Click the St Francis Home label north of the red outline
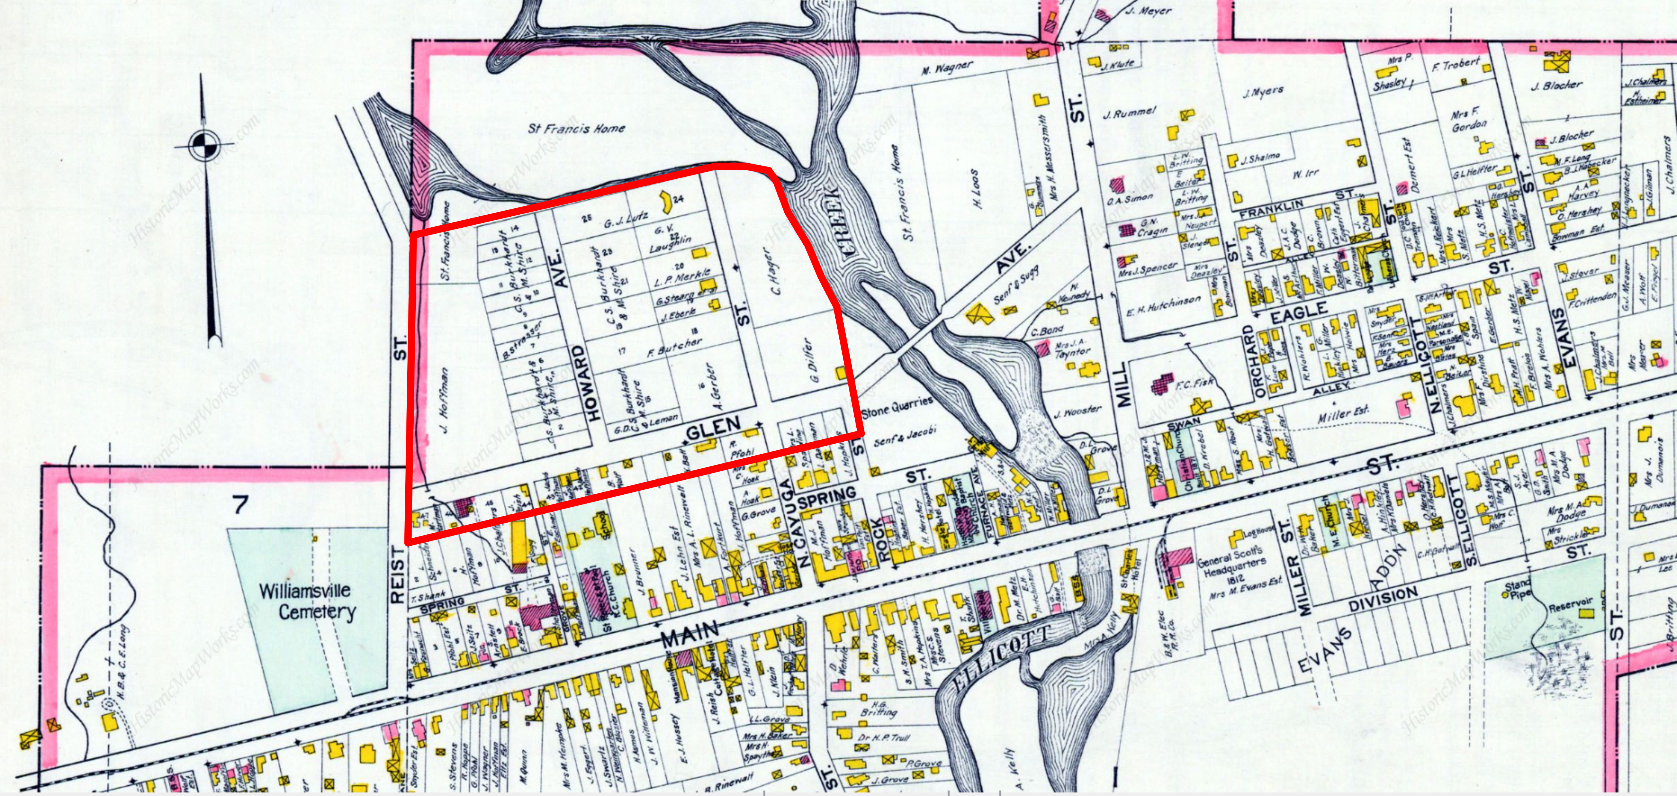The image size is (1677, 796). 576,128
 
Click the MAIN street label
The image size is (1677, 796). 690,633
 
